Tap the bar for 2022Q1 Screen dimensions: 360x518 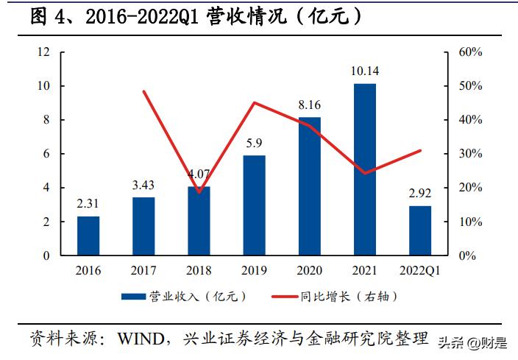point(420,230)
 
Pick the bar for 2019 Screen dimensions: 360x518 point(254,205)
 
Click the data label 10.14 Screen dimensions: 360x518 point(365,71)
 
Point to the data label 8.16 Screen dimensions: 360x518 point(309,105)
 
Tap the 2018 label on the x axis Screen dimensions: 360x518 point(199,270)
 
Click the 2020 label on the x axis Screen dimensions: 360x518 point(309,270)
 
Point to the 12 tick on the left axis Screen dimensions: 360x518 point(43,52)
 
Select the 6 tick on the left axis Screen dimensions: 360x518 point(46,154)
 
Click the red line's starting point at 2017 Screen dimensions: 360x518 point(143,91)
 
